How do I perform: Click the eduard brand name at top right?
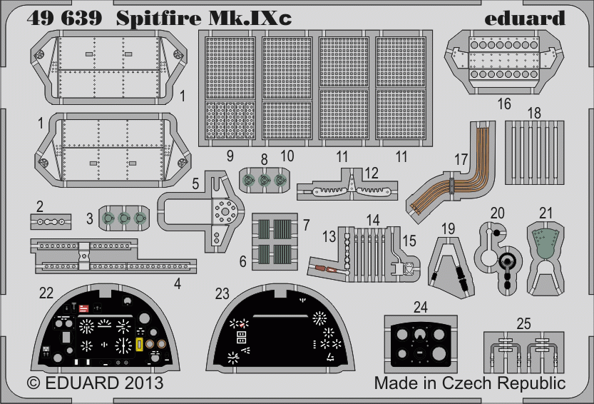click(523, 17)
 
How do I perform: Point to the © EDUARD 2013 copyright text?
click(95, 383)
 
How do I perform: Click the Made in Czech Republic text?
click(470, 383)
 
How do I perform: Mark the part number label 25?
click(523, 324)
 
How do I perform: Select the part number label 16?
click(504, 104)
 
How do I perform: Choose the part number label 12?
click(371, 173)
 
